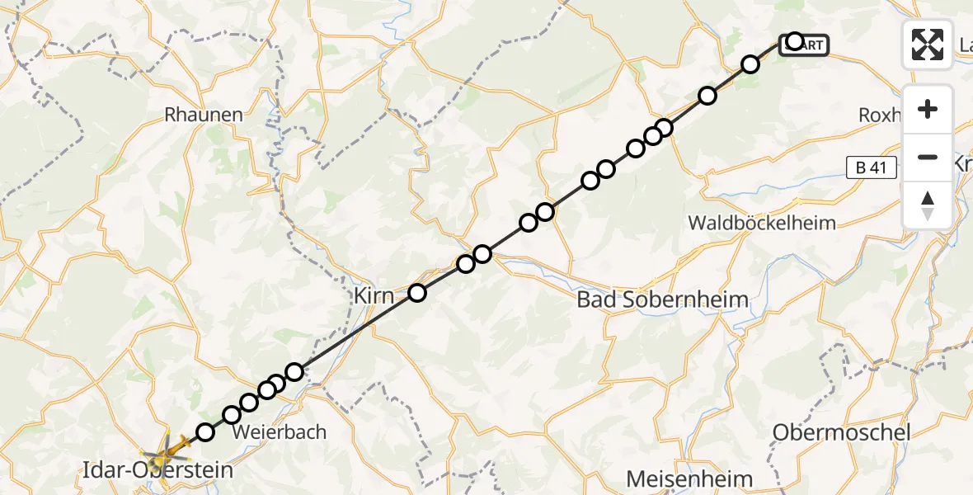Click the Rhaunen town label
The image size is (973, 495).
(204, 115)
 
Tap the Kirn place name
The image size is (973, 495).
(374, 295)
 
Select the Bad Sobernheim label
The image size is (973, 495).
(663, 299)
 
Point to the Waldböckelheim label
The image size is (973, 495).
(761, 223)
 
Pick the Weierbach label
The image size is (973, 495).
(280, 431)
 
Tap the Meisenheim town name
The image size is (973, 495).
(689, 478)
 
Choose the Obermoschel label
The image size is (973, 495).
(841, 432)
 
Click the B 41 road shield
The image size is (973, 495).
(871, 168)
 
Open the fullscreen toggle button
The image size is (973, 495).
(928, 45)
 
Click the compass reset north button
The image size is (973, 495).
(928, 205)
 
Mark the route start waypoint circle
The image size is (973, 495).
(794, 41)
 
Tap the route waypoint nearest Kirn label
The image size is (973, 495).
(417, 292)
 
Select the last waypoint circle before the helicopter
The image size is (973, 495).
(205, 431)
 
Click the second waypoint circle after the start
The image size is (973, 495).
(707, 96)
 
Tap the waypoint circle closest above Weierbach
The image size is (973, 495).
(249, 403)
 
